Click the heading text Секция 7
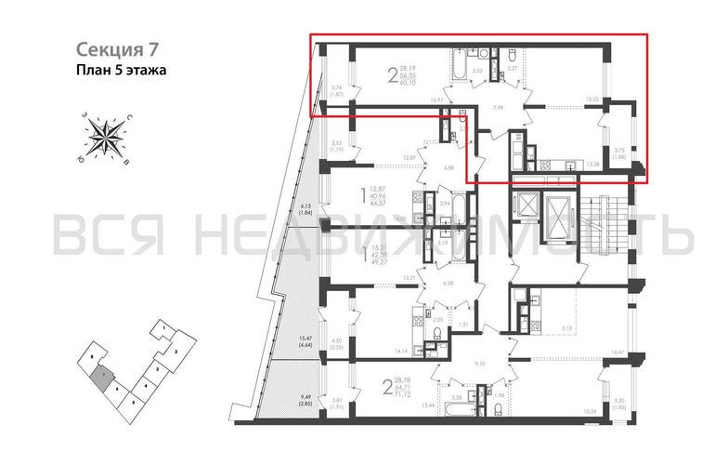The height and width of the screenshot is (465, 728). [109, 48]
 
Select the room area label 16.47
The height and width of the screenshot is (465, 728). [591, 353]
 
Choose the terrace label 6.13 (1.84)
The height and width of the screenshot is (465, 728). [305, 208]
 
